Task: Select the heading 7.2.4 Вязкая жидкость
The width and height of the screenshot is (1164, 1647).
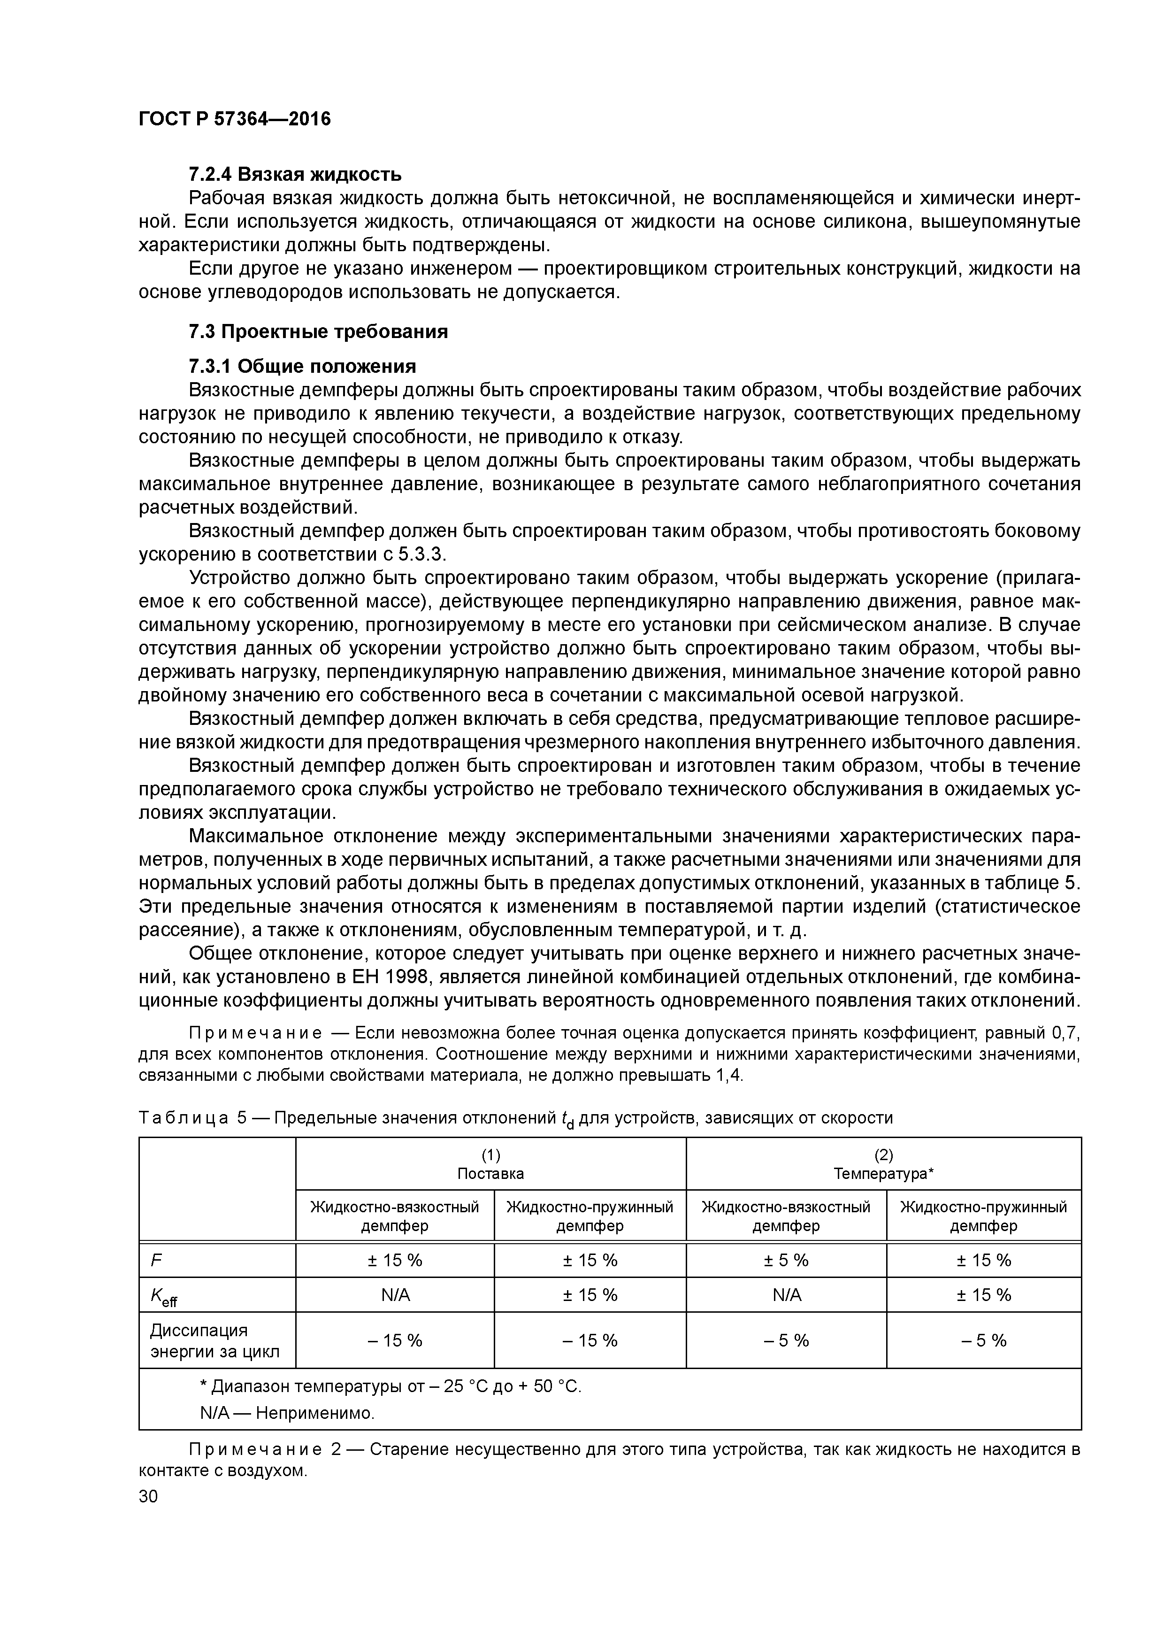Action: tap(295, 174)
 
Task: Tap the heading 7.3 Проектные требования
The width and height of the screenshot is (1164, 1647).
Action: tap(318, 331)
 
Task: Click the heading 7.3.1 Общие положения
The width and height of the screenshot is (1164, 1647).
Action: tap(302, 367)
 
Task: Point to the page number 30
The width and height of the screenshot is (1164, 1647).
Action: tap(148, 1496)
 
